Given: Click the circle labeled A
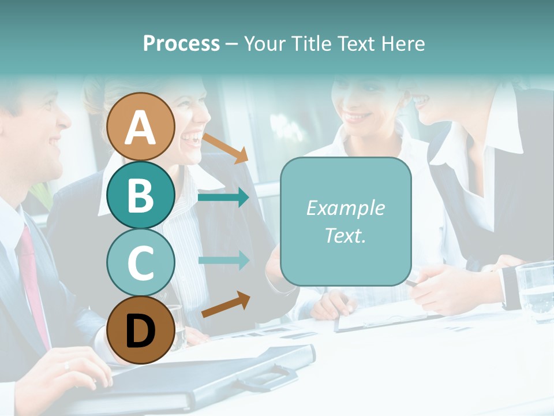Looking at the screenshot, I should [141, 127].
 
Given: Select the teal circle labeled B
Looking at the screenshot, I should [141, 195].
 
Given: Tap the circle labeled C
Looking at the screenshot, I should [141, 262].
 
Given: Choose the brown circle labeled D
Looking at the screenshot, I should [141, 330].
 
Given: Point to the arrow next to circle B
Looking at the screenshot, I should [223, 198].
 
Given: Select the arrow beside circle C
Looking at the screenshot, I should [223, 261].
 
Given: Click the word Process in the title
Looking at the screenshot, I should [181, 43].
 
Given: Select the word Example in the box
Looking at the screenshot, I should [345, 208].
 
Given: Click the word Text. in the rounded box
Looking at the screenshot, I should [345, 235].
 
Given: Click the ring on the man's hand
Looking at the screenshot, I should [67, 365].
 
